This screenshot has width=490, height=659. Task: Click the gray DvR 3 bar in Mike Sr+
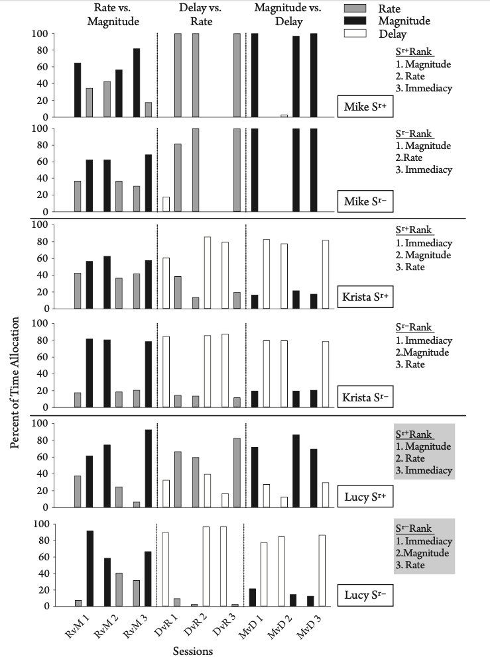coord(237,75)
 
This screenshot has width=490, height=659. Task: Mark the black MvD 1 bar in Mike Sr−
coord(255,170)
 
